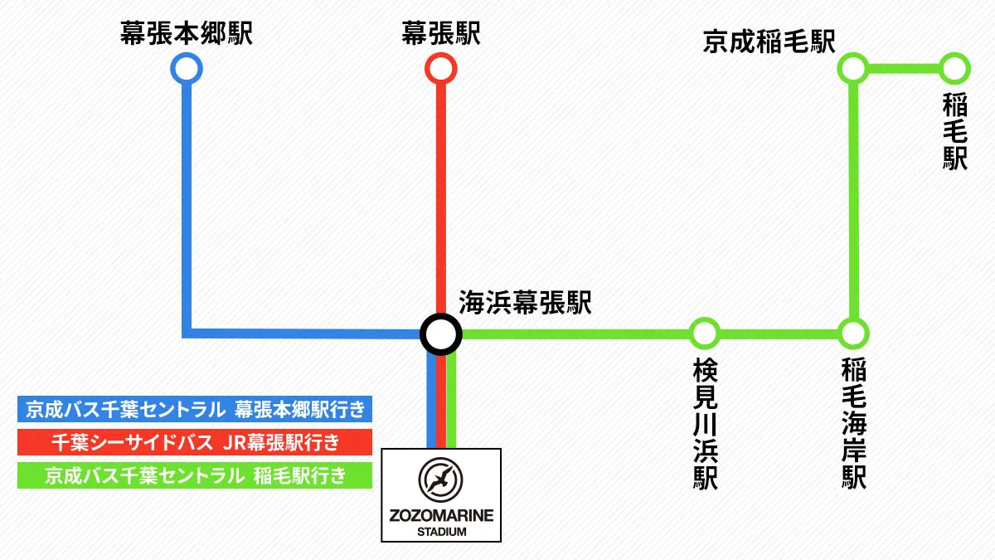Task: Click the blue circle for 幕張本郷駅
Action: click(186, 68)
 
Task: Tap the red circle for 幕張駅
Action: click(440, 68)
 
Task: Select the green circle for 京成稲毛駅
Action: click(853, 68)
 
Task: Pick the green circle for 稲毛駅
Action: click(954, 68)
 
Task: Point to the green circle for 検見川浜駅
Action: click(703, 334)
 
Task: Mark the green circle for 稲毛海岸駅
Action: click(853, 334)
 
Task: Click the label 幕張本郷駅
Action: click(186, 34)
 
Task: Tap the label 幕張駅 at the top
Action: click(440, 34)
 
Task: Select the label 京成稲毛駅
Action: click(769, 41)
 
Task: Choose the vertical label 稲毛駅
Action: click(955, 132)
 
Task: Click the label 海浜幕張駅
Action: click(525, 304)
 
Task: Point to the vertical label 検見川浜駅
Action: click(705, 423)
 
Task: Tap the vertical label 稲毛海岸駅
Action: click(854, 423)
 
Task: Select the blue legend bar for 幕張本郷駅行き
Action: click(195, 409)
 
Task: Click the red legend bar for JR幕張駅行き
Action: click(195, 442)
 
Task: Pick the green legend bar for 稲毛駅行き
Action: click(195, 475)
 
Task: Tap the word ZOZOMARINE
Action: click(441, 515)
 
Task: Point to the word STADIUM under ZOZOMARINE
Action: click(441, 531)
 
